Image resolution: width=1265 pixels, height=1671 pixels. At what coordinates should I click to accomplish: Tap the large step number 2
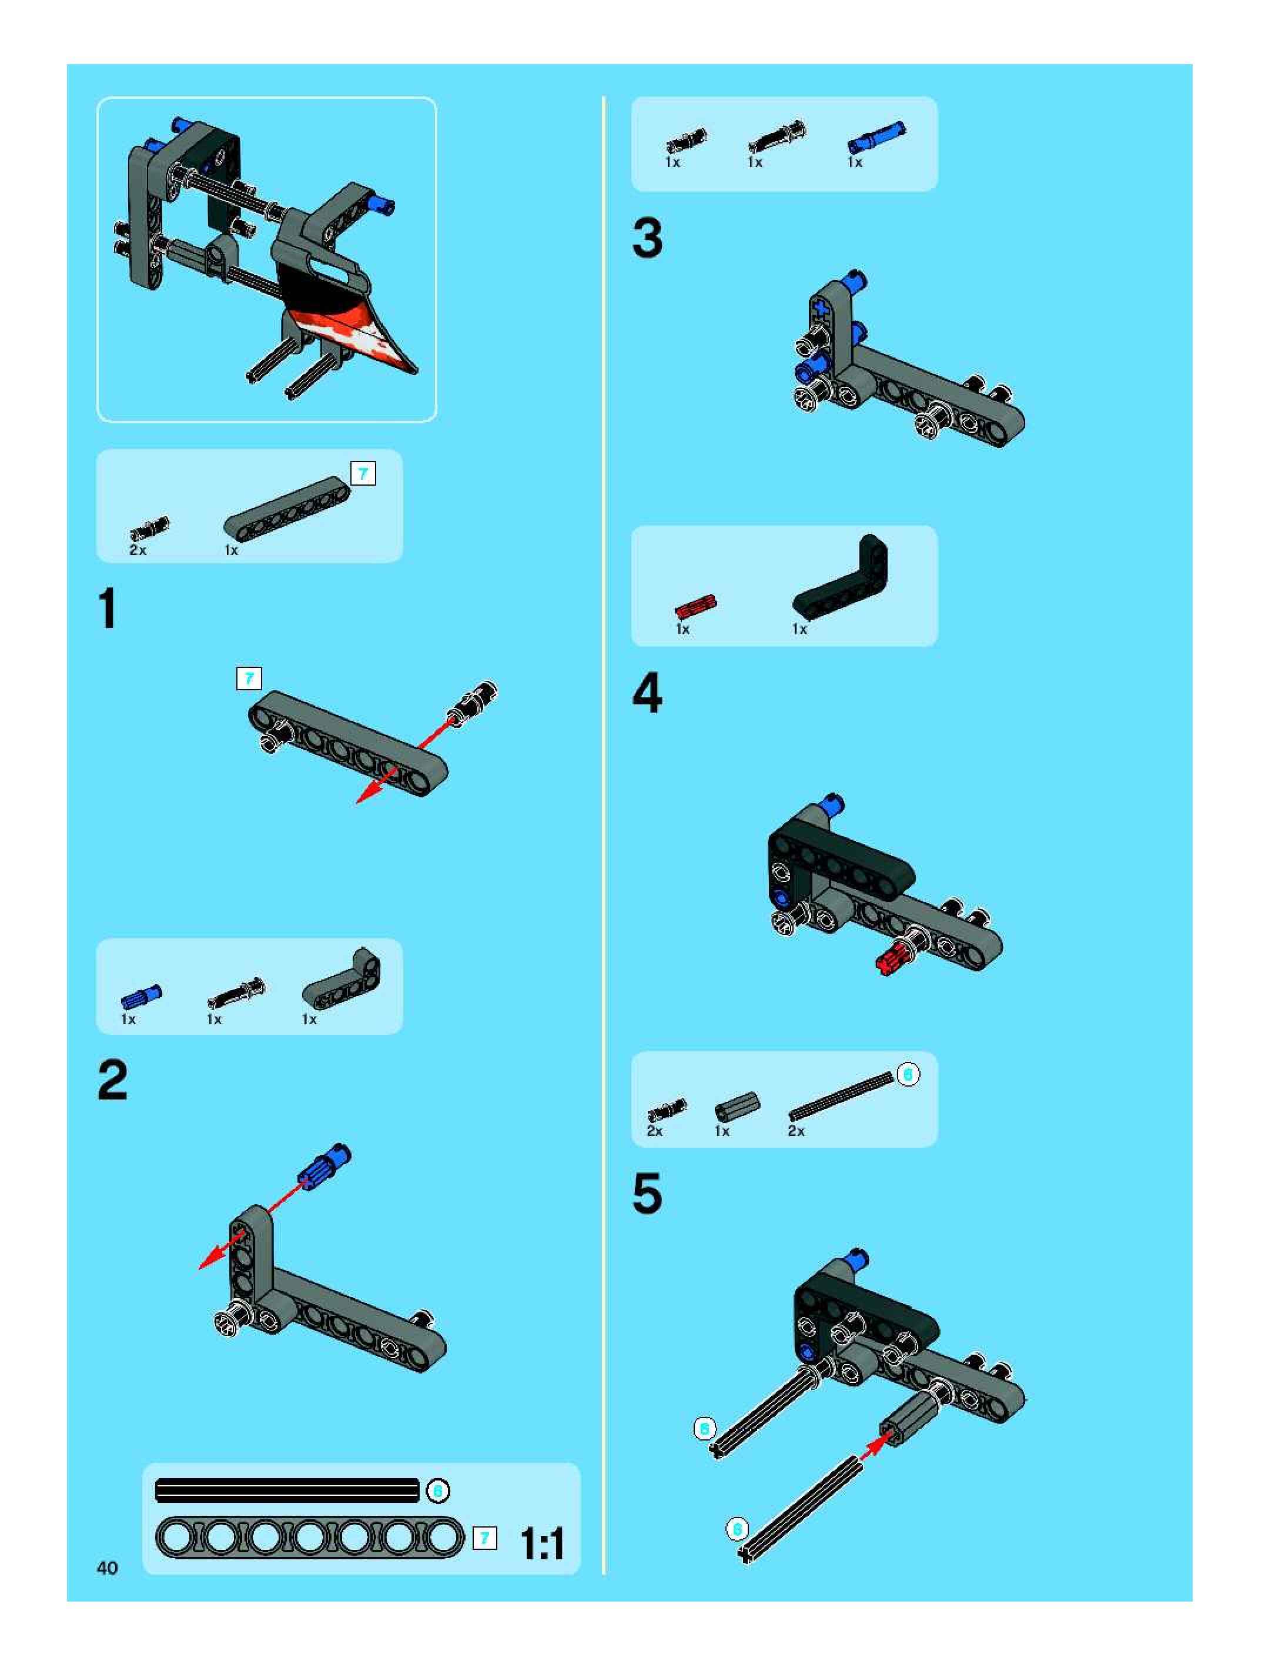pos(112,1080)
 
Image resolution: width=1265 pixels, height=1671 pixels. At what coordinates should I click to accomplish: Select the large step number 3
pos(647,238)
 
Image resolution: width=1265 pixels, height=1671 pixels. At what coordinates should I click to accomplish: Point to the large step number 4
pos(647,693)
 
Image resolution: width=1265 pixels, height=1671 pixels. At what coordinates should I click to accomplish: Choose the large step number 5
pos(647,1194)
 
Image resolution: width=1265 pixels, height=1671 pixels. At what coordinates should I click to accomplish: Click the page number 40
pos(107,1568)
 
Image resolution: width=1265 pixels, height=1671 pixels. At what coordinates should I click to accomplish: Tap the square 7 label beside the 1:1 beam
pos(485,1539)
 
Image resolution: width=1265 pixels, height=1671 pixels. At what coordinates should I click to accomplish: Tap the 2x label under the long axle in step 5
pos(796,1131)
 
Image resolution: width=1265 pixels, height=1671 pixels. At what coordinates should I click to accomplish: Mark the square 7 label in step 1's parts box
pos(363,474)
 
